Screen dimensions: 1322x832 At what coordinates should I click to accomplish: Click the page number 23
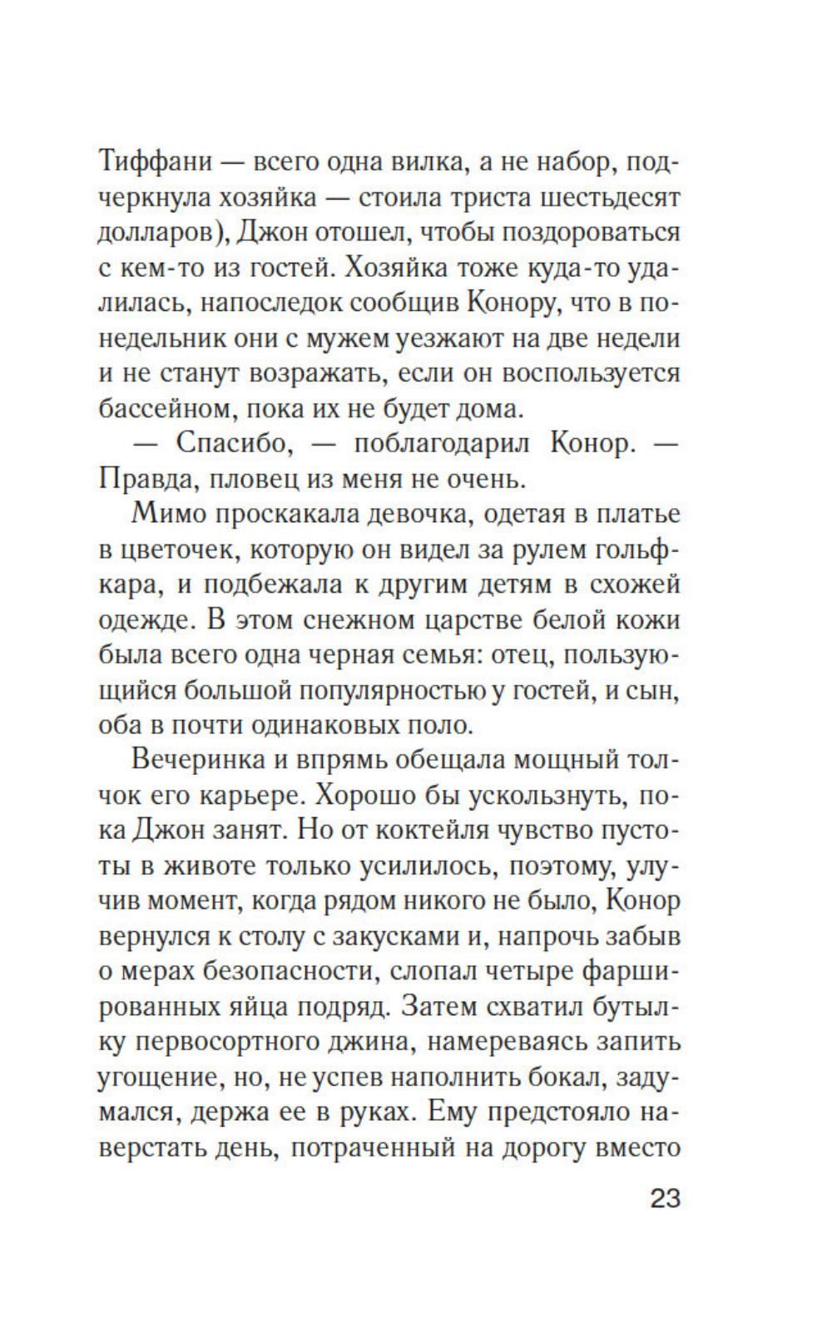[x=665, y=1200]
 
